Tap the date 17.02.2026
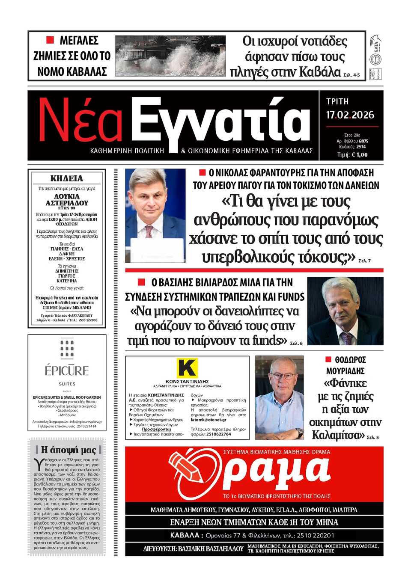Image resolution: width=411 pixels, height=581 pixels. click(x=350, y=115)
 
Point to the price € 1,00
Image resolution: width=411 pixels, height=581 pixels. click(x=358, y=155)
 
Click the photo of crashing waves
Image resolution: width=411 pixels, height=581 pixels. click(x=170, y=56)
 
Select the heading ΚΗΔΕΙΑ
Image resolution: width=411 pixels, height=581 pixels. click(x=67, y=178)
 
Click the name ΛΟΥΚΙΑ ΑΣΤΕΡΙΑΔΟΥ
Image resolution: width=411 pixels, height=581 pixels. click(x=67, y=200)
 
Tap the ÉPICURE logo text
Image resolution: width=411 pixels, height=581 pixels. click(x=67, y=371)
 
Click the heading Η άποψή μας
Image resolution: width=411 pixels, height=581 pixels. click(x=68, y=450)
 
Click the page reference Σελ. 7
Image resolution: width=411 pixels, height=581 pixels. click(x=364, y=261)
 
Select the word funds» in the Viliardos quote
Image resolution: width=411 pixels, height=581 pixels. click(x=270, y=341)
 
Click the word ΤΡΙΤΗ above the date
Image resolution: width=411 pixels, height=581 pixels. click(x=337, y=102)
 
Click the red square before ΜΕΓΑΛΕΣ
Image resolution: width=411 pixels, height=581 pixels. click(x=50, y=40)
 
